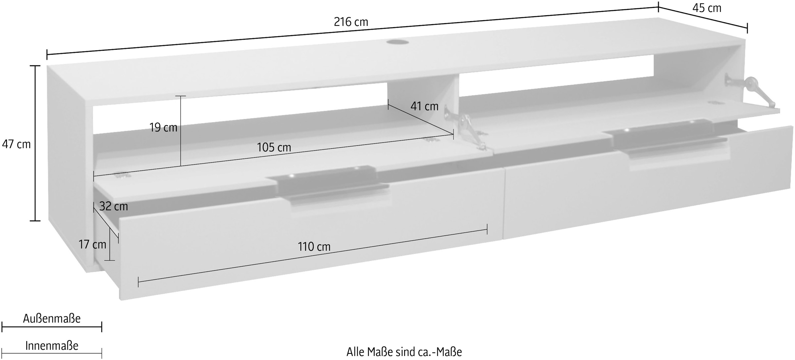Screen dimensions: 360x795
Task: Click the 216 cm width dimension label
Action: [x=351, y=22]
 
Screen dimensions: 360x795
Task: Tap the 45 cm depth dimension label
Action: [x=707, y=8]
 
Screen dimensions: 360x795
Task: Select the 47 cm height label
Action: [x=16, y=144]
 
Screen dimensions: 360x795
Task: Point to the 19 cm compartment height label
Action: [x=163, y=128]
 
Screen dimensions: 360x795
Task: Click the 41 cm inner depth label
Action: [x=424, y=106]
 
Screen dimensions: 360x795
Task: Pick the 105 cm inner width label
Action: [x=274, y=147]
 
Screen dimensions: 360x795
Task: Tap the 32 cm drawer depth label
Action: [x=113, y=206]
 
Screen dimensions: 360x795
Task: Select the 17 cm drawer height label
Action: [x=92, y=245]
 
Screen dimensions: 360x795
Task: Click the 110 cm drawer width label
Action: [x=314, y=247]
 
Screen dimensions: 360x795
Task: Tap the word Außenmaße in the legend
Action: [x=52, y=319]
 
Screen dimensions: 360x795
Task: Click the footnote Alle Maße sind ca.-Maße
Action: [x=404, y=352]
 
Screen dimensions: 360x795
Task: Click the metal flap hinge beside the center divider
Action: [x=467, y=129]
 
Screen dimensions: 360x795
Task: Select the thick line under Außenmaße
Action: [x=52, y=327]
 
